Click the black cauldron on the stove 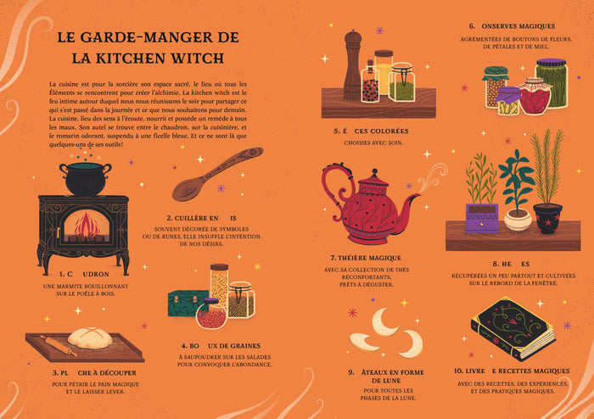click(x=85, y=179)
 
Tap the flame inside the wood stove click(x=84, y=227)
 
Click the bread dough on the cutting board click(x=91, y=339)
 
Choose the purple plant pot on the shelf click(x=480, y=217)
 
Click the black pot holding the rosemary click(x=547, y=217)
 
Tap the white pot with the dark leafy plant click(x=517, y=217)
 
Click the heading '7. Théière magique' click(x=367, y=257)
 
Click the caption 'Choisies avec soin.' click(x=371, y=142)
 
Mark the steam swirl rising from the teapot click(x=432, y=176)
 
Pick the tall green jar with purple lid click(x=551, y=82)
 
